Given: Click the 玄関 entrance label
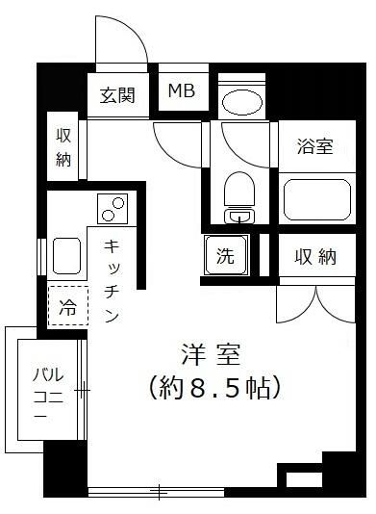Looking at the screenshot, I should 118,95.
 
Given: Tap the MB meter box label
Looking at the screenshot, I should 181,91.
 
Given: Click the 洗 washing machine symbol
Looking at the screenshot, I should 225,256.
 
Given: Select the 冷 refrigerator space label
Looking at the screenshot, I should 67,308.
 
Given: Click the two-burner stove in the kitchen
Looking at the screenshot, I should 113,206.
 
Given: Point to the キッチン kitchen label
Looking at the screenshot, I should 112,280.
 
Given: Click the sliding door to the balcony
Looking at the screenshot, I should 85,391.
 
